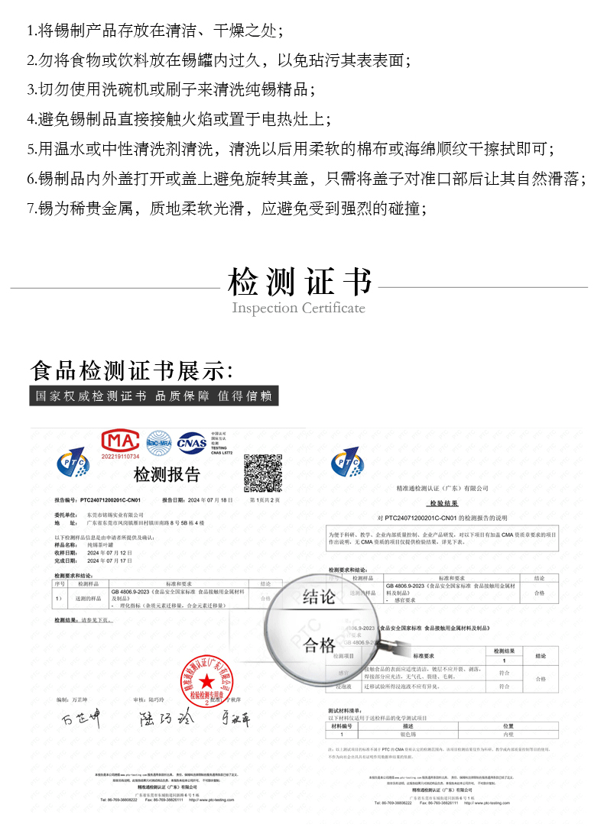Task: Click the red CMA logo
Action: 122,441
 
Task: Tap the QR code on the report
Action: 263,473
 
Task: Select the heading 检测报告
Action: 167,475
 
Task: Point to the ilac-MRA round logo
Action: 159,441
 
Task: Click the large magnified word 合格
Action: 320,646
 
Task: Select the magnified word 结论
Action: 319,596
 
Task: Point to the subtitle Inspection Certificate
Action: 298,309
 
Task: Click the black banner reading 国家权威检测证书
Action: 154,396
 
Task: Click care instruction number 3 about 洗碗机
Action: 171,89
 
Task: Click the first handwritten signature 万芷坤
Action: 81,719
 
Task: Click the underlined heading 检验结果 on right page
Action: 443,504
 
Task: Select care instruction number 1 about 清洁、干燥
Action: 155,31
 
